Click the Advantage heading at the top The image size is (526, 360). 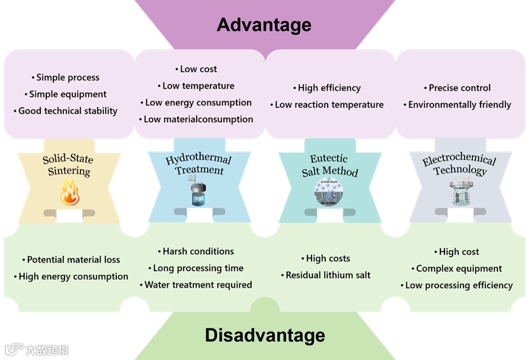click(264, 25)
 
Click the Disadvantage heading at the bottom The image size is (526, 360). click(265, 335)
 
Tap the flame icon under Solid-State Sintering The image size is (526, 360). click(69, 192)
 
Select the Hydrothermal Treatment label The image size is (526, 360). click(199, 165)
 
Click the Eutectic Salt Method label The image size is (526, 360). click(330, 165)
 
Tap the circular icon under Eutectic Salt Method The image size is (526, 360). click(329, 193)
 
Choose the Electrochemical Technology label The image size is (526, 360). click(460, 165)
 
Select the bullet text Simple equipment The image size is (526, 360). click(67, 94)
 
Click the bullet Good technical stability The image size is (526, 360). click(67, 111)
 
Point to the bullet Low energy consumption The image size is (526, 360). click(198, 103)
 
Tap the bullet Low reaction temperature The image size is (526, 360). click(329, 105)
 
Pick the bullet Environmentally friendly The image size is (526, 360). click(460, 105)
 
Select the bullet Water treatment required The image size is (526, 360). click(198, 285)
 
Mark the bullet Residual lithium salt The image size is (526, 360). click(328, 275)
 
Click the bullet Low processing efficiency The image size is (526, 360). click(459, 285)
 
